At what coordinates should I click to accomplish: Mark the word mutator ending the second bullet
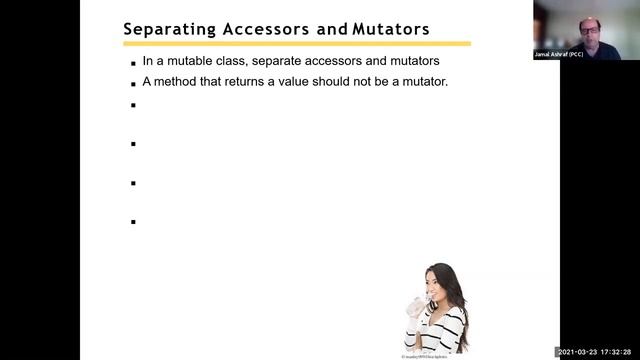point(424,82)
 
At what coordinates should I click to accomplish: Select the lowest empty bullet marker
point(132,222)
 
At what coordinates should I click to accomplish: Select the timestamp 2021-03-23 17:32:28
point(596,352)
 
